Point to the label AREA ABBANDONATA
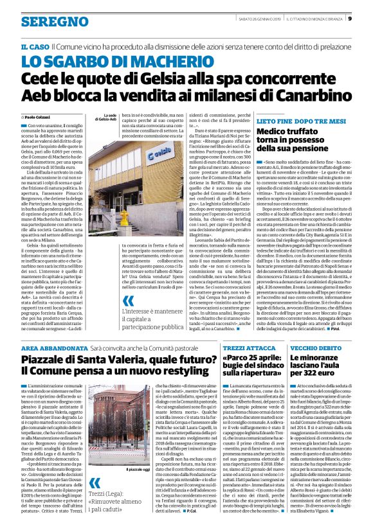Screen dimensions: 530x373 (x=51, y=347)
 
